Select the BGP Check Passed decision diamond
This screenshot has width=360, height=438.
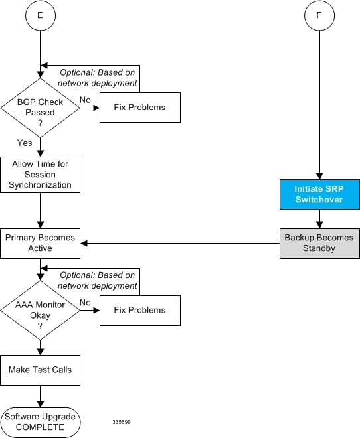point(41,108)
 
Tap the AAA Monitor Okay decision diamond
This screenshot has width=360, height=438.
point(41,311)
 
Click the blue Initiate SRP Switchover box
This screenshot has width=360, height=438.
point(319,194)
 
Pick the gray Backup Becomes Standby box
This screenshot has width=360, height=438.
point(319,244)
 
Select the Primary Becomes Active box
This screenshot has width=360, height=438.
point(41,244)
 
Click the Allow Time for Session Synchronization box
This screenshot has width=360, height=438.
point(41,175)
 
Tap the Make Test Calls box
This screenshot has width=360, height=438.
point(41,370)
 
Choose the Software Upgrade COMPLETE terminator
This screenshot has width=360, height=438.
point(41,422)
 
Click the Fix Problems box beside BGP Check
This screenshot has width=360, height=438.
point(140,108)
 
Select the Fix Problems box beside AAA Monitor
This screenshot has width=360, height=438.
point(140,311)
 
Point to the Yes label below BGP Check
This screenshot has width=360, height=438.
point(25,143)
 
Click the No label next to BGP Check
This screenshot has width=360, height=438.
point(85,100)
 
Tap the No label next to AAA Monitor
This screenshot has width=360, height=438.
point(85,303)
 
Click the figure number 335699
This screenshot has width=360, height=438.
point(122,422)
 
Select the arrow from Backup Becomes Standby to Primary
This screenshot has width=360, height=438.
point(180,244)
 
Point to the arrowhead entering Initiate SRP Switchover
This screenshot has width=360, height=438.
point(319,176)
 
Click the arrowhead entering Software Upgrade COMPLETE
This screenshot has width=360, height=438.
point(41,404)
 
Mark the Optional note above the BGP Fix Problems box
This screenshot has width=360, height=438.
point(97,78)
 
